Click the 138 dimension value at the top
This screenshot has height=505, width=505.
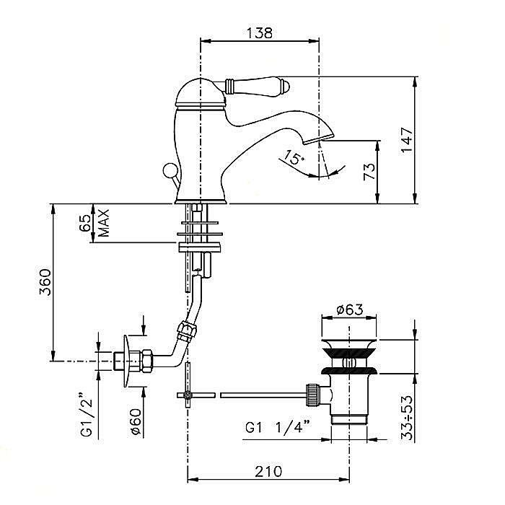[258, 32]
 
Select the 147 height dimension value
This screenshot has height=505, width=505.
[407, 139]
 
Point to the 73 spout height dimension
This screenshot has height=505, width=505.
[369, 172]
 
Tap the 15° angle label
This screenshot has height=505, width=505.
[293, 157]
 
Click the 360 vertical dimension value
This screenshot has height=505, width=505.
[45, 284]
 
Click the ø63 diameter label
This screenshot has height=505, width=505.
[349, 311]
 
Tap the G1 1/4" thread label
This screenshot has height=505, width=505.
[278, 426]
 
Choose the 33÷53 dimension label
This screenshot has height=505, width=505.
[408, 418]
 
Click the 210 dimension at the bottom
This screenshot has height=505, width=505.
[268, 472]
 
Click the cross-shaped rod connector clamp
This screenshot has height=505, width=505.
[188, 395]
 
